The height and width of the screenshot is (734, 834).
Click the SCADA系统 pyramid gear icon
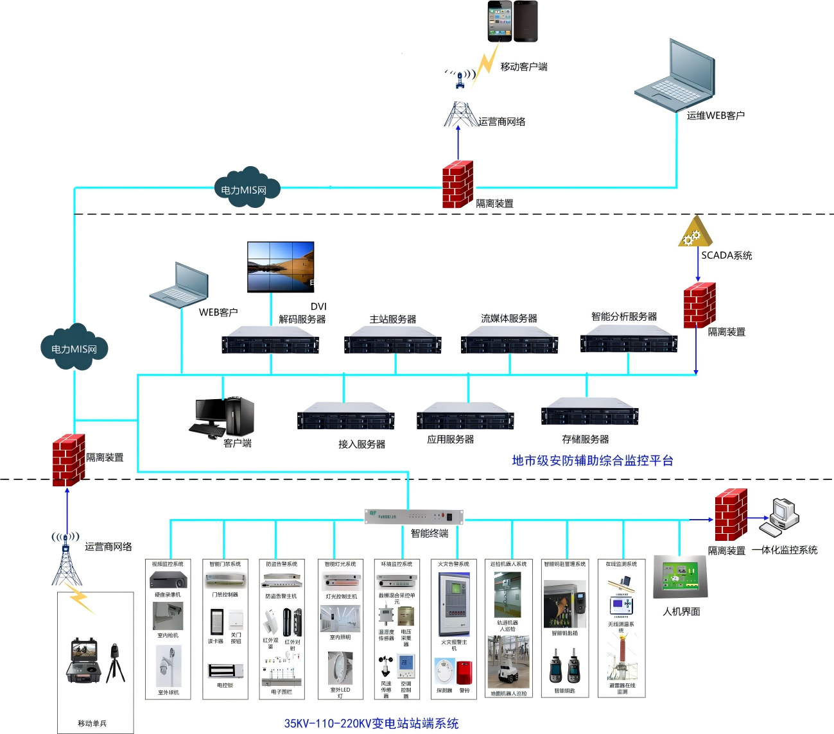pos(695,232)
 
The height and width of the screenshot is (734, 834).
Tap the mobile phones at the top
pos(512,21)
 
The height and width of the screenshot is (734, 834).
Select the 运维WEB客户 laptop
pos(675,74)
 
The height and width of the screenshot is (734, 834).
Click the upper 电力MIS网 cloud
pos(245,188)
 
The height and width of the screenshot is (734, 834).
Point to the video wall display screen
pos(281,266)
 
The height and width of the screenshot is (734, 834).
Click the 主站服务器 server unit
pos(392,341)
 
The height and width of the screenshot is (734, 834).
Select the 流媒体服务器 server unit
pos(509,341)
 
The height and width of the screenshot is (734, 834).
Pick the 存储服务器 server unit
pos(589,412)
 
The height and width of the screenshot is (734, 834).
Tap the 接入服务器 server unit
pos(345,416)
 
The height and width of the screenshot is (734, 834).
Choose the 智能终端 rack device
pos(413,516)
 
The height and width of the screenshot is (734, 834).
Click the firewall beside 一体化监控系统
pos(731,515)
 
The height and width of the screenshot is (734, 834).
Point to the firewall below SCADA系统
pos(699,305)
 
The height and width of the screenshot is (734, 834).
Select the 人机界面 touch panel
pos(680,577)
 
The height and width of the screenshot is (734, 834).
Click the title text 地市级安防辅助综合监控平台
pos(592,461)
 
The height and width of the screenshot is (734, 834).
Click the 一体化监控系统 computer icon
pos(779,517)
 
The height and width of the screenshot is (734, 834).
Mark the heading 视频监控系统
pos(168,564)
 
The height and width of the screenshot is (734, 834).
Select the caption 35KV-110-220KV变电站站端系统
pos(371,724)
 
